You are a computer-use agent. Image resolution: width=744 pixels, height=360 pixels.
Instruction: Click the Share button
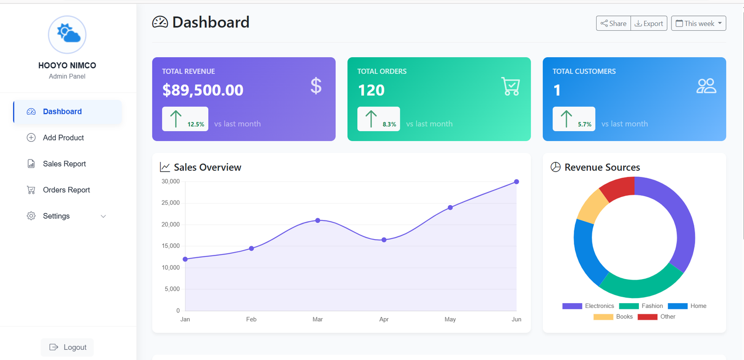[613, 23]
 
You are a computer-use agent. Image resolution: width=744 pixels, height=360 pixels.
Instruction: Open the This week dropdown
[698, 23]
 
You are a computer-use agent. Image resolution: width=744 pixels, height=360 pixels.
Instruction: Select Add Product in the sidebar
[63, 138]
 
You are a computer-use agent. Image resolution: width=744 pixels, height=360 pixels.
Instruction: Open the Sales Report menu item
[64, 164]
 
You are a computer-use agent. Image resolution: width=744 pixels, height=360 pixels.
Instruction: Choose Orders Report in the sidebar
[66, 190]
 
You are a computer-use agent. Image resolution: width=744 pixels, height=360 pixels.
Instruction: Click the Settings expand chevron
[103, 216]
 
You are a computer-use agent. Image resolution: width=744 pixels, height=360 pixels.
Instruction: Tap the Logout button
[67, 347]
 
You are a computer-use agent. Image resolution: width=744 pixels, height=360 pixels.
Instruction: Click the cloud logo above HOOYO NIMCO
[67, 34]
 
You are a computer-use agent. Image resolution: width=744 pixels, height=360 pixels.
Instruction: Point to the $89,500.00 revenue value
[203, 90]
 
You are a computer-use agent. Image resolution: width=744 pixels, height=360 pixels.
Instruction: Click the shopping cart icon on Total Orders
[511, 86]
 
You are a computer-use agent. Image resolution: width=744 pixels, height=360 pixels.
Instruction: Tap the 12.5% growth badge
[185, 119]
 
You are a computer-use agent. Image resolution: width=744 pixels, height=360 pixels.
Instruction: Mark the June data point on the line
[516, 182]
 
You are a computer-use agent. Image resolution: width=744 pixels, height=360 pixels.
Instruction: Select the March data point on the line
[318, 220]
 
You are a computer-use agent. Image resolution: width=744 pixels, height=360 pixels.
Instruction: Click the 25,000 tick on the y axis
[170, 203]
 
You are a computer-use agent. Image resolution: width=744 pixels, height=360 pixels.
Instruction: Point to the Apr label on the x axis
[384, 320]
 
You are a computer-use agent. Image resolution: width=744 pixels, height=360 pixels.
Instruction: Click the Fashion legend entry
[641, 306]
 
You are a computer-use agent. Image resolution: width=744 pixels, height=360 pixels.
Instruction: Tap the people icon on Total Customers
[706, 86]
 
